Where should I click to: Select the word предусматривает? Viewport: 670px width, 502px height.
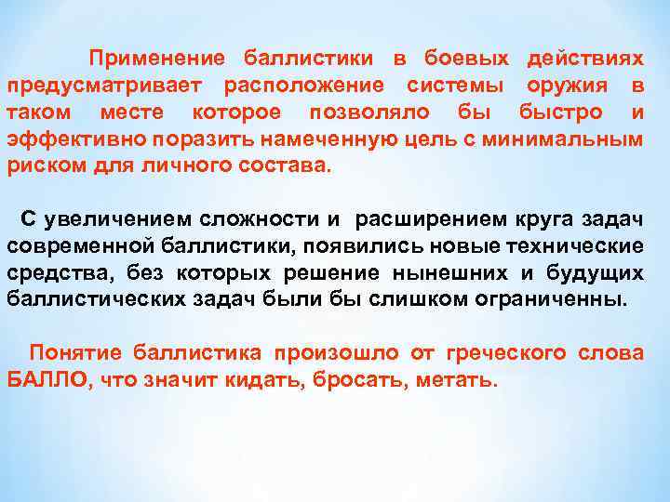pos(106,86)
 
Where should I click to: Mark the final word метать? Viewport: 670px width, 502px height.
pos(462,380)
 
